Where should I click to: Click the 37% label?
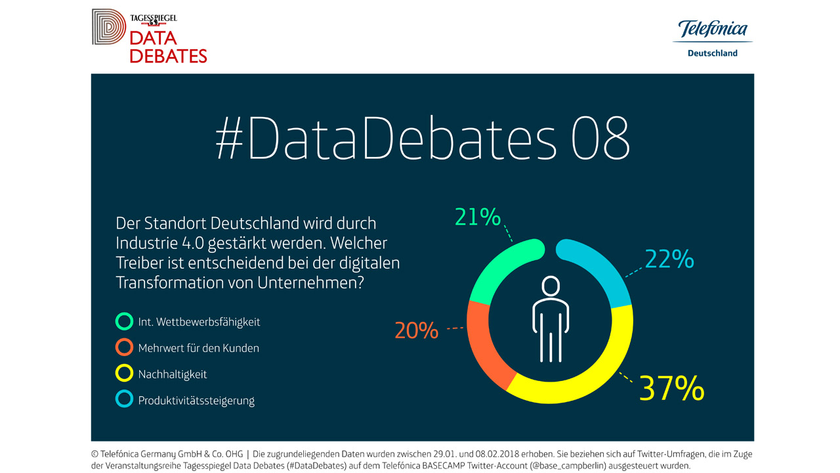tap(671, 389)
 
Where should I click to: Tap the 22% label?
tap(669, 260)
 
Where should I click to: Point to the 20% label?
tap(416, 330)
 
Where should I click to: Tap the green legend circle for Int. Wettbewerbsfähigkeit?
tap(124, 322)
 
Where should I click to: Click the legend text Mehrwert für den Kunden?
tap(198, 348)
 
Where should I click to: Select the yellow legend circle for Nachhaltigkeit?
tap(124, 374)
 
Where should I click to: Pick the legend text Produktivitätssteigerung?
tap(196, 400)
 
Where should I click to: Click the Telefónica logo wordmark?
tap(713, 30)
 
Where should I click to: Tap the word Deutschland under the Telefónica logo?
tap(712, 53)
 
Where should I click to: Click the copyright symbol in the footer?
tap(95, 454)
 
